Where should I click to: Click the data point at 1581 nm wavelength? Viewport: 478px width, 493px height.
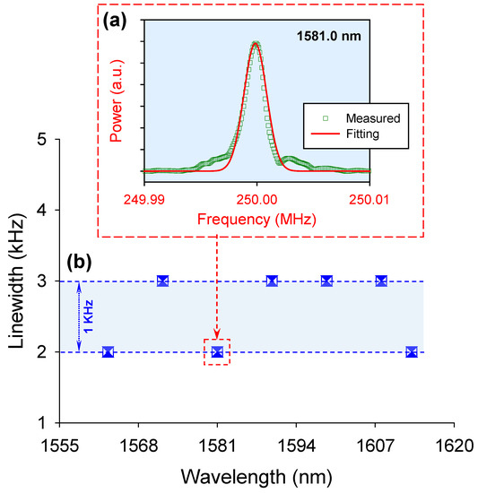click(x=217, y=351)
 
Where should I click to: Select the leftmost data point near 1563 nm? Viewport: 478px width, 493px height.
click(x=108, y=351)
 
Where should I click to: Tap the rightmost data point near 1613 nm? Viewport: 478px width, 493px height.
click(x=412, y=351)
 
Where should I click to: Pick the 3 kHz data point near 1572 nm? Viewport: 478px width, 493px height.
click(x=162, y=281)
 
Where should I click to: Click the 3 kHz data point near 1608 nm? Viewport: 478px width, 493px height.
click(x=381, y=281)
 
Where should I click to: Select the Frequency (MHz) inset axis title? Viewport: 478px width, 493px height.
click(x=256, y=219)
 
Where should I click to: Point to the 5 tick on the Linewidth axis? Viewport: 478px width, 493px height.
click(x=40, y=140)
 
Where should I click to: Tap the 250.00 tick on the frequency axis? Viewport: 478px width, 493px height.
click(x=256, y=196)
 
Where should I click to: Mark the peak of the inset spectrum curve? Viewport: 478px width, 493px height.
click(x=256, y=42)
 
